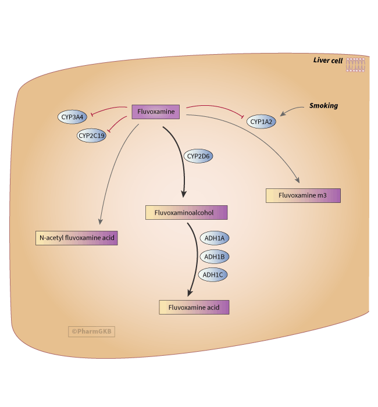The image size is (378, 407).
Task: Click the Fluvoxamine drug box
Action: coord(156,112)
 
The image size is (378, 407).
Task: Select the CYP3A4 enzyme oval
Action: coord(73,117)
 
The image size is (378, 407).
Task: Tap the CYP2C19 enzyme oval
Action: coord(91,136)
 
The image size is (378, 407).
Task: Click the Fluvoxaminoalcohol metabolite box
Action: coord(186,213)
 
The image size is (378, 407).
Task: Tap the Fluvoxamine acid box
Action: coord(194,307)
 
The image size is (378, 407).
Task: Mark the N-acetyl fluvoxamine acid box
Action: coord(76,238)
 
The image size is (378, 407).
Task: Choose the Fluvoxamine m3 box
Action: coord(302,195)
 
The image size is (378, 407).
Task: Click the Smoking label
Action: coord(323,106)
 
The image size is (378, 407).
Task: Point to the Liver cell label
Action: coord(328,60)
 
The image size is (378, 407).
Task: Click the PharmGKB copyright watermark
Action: coord(91,331)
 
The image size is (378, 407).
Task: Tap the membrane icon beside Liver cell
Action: coord(356,65)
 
